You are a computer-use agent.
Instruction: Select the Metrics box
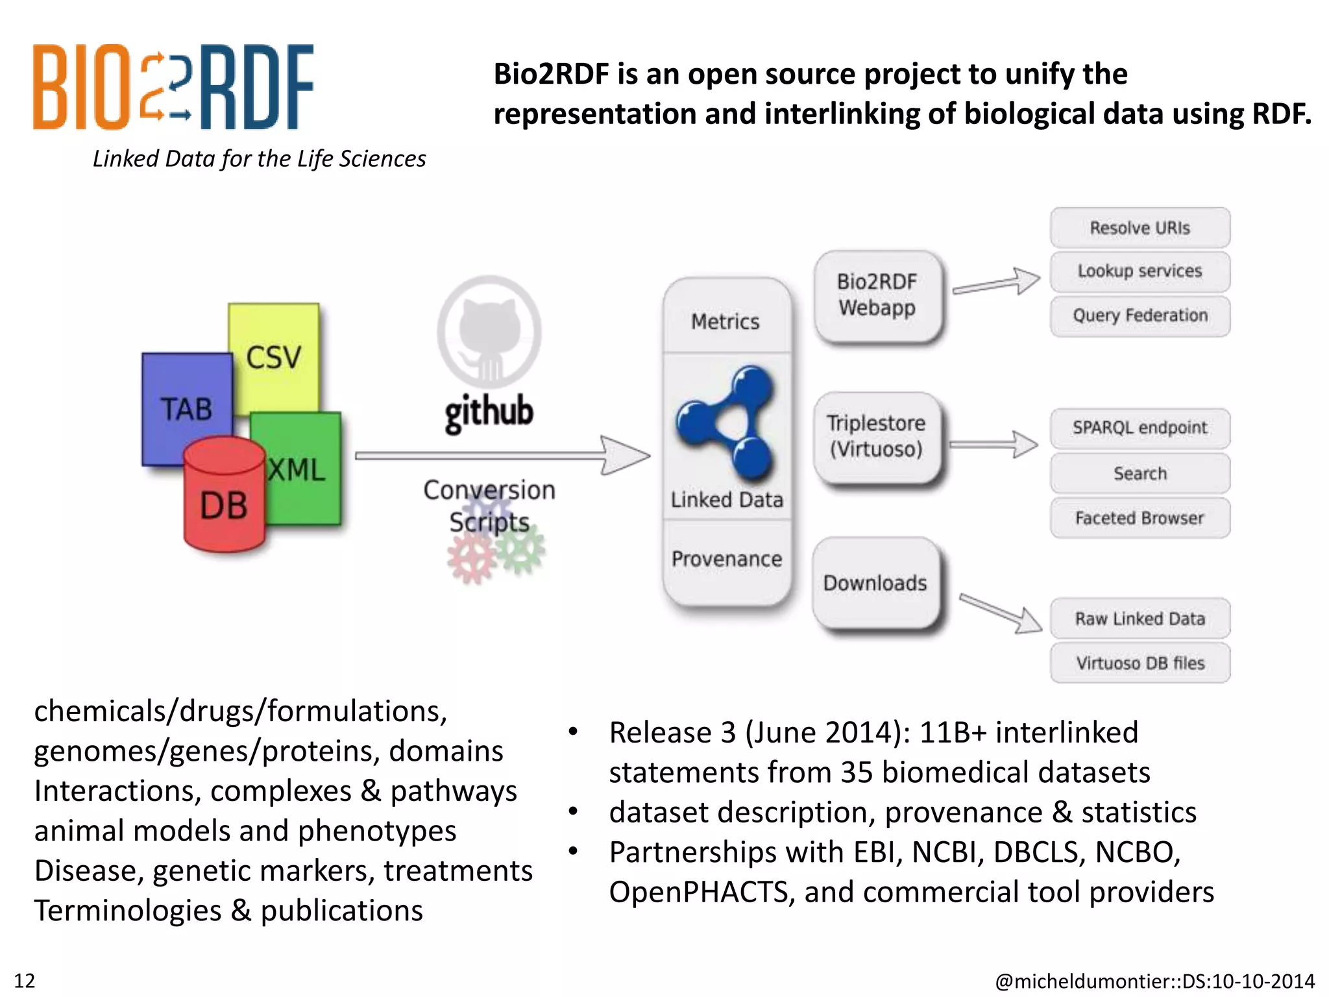click(x=725, y=321)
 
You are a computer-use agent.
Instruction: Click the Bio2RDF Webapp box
click(x=877, y=295)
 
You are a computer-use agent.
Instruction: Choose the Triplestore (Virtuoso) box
click(x=876, y=436)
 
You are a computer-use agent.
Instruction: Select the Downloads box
click(x=875, y=582)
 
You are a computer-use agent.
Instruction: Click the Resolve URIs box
click(x=1140, y=228)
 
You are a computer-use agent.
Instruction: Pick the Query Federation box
click(x=1140, y=315)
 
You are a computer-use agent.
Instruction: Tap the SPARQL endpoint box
click(x=1140, y=428)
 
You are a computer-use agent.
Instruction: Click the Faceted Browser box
click(x=1140, y=518)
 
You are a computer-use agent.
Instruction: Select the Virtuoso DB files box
click(x=1140, y=663)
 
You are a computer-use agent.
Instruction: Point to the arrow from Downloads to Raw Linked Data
click(x=999, y=612)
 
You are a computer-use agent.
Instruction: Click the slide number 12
click(x=25, y=980)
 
